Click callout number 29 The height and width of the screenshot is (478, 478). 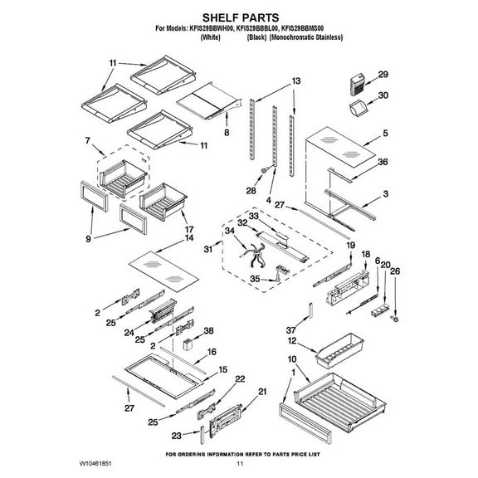click(383, 75)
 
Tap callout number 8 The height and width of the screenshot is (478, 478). click(226, 132)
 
